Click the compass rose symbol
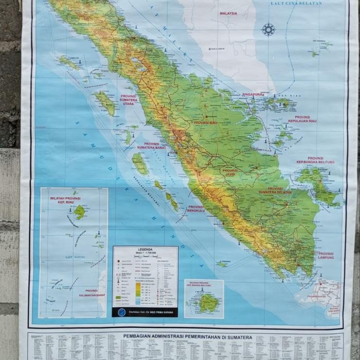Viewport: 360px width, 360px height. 268,29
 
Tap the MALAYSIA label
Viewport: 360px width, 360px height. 228,13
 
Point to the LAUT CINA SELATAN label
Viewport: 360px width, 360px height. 296,4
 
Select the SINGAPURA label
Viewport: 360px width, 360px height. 253,95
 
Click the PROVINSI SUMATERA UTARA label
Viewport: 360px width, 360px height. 129,100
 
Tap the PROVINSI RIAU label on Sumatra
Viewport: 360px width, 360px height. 206,123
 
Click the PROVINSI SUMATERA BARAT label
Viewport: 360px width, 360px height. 151,146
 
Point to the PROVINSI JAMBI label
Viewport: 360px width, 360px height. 230,173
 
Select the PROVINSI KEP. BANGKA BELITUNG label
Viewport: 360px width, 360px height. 315,160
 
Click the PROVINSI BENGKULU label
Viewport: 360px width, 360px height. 196,209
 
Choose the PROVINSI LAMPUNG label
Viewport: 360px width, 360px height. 326,256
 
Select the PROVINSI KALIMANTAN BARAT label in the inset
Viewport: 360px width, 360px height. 92,293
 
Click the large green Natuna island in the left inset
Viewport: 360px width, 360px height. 79,211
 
